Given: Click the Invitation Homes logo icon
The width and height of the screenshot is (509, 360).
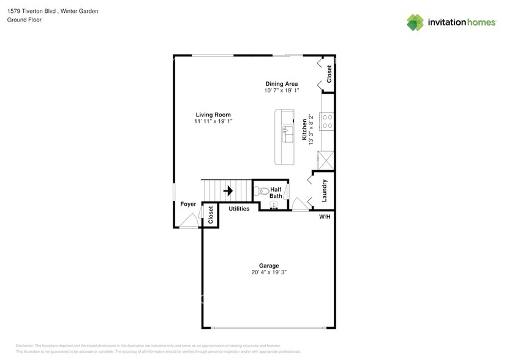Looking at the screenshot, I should (416, 23).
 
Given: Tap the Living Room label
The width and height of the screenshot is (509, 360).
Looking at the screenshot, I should (213, 114).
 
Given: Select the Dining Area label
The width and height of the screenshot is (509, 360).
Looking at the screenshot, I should (281, 84).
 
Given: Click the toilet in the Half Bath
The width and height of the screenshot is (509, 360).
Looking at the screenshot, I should (263, 191).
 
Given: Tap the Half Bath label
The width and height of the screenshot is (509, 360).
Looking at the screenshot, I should (276, 193).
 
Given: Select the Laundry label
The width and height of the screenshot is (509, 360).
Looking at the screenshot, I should (325, 190).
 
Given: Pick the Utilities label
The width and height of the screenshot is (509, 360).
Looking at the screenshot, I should (239, 209).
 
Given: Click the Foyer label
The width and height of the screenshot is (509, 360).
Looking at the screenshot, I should (188, 204).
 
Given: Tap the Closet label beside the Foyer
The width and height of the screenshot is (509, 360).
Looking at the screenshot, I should (210, 214).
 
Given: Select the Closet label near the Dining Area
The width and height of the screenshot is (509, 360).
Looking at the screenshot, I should (329, 74).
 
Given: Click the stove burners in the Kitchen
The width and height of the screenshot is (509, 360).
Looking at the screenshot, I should (327, 121).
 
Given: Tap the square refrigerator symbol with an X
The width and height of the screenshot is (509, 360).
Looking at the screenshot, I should (326, 160).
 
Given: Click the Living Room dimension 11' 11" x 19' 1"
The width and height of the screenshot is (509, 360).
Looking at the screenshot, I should (213, 121).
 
